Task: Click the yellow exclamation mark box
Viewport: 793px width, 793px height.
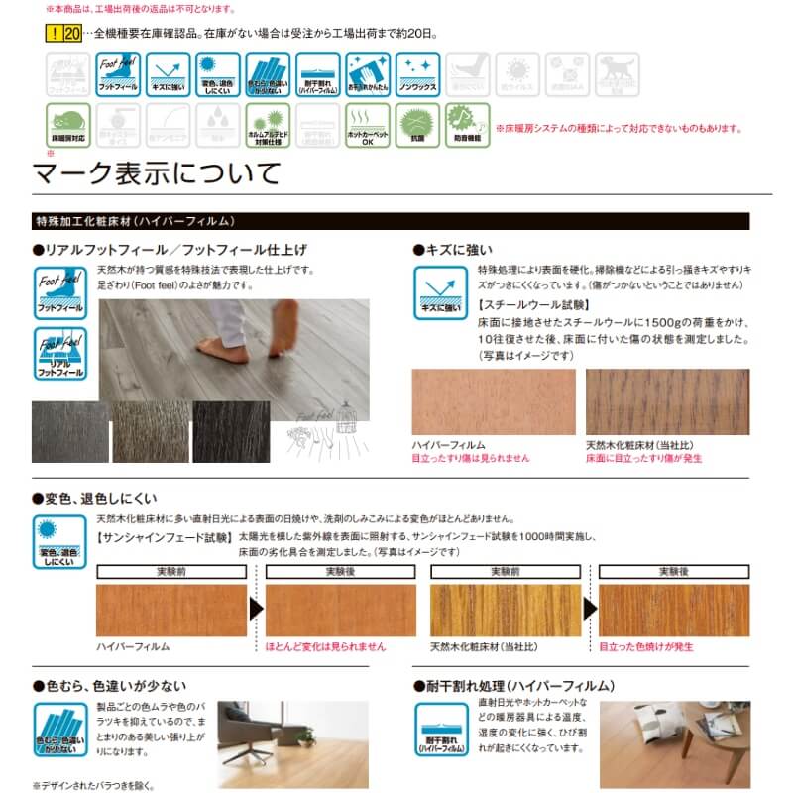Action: [52, 33]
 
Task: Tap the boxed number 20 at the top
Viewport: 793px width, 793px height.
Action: [70, 33]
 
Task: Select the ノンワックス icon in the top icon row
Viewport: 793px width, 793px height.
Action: [417, 74]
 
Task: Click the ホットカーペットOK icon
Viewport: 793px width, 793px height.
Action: [368, 124]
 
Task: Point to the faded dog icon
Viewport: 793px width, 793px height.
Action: [617, 74]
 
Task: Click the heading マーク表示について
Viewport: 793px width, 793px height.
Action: [158, 172]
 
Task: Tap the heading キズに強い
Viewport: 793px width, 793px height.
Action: [457, 249]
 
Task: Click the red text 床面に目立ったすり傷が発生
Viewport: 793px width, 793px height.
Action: [645, 459]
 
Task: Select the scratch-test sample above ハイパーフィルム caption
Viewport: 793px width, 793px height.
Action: [493, 401]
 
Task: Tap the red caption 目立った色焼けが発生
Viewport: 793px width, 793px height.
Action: [645, 646]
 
